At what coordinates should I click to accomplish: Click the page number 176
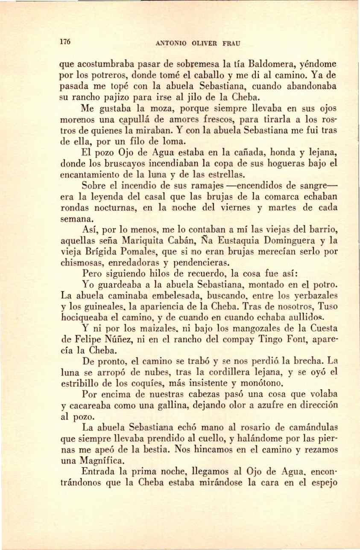[x=64, y=42]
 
